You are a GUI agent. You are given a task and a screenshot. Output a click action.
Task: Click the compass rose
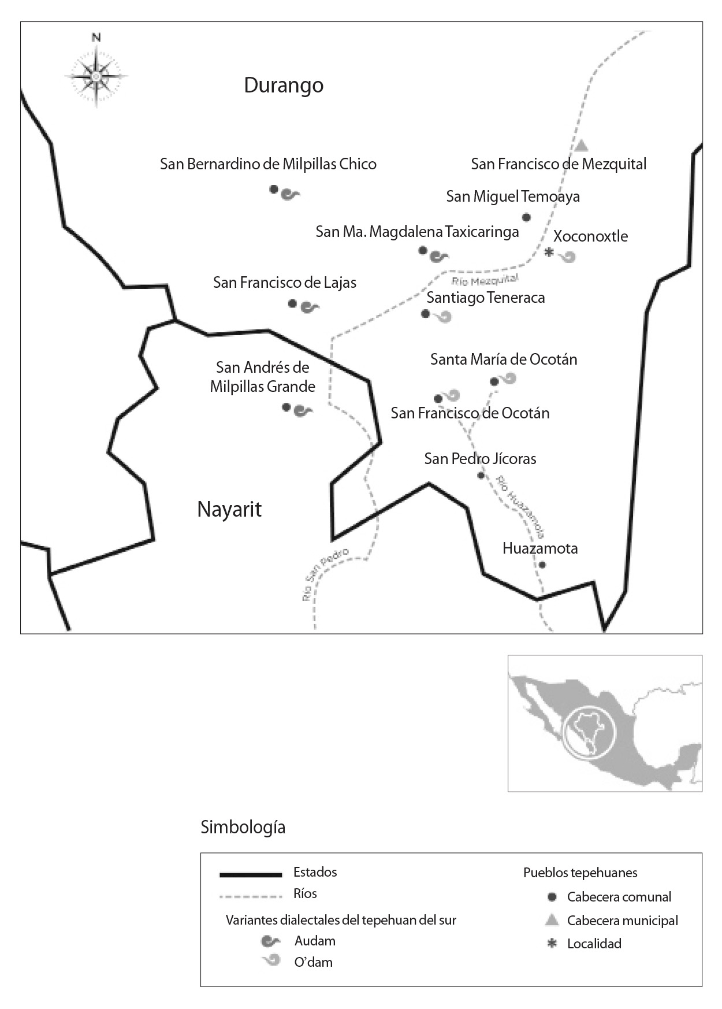(x=96, y=76)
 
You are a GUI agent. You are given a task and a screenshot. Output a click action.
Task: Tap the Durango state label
(x=284, y=85)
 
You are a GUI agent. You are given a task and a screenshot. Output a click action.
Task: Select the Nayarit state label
(x=229, y=509)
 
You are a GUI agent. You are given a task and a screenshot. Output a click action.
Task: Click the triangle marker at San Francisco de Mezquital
(x=582, y=145)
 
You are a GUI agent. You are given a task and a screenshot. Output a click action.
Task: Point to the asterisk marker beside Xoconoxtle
(x=549, y=253)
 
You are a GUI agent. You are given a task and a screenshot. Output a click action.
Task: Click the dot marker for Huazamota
(x=542, y=565)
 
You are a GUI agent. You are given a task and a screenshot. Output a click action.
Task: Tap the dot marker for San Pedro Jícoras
(x=481, y=475)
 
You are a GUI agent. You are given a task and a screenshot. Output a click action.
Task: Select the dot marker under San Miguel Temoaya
(x=526, y=217)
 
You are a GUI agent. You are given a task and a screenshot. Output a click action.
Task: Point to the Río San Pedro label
(x=325, y=574)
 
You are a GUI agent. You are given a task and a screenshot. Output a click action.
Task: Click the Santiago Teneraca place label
(x=486, y=298)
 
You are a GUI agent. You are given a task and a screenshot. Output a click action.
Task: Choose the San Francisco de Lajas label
(x=285, y=283)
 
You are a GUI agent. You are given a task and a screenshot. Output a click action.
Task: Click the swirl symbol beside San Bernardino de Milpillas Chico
(x=290, y=195)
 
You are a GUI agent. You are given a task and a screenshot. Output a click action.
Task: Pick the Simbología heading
(x=243, y=827)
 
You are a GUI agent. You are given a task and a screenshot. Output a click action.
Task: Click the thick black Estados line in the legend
(x=250, y=874)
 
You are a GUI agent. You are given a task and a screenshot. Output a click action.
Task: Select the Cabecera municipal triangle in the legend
(x=552, y=920)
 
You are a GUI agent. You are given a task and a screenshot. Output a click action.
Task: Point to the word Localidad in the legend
(x=594, y=944)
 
